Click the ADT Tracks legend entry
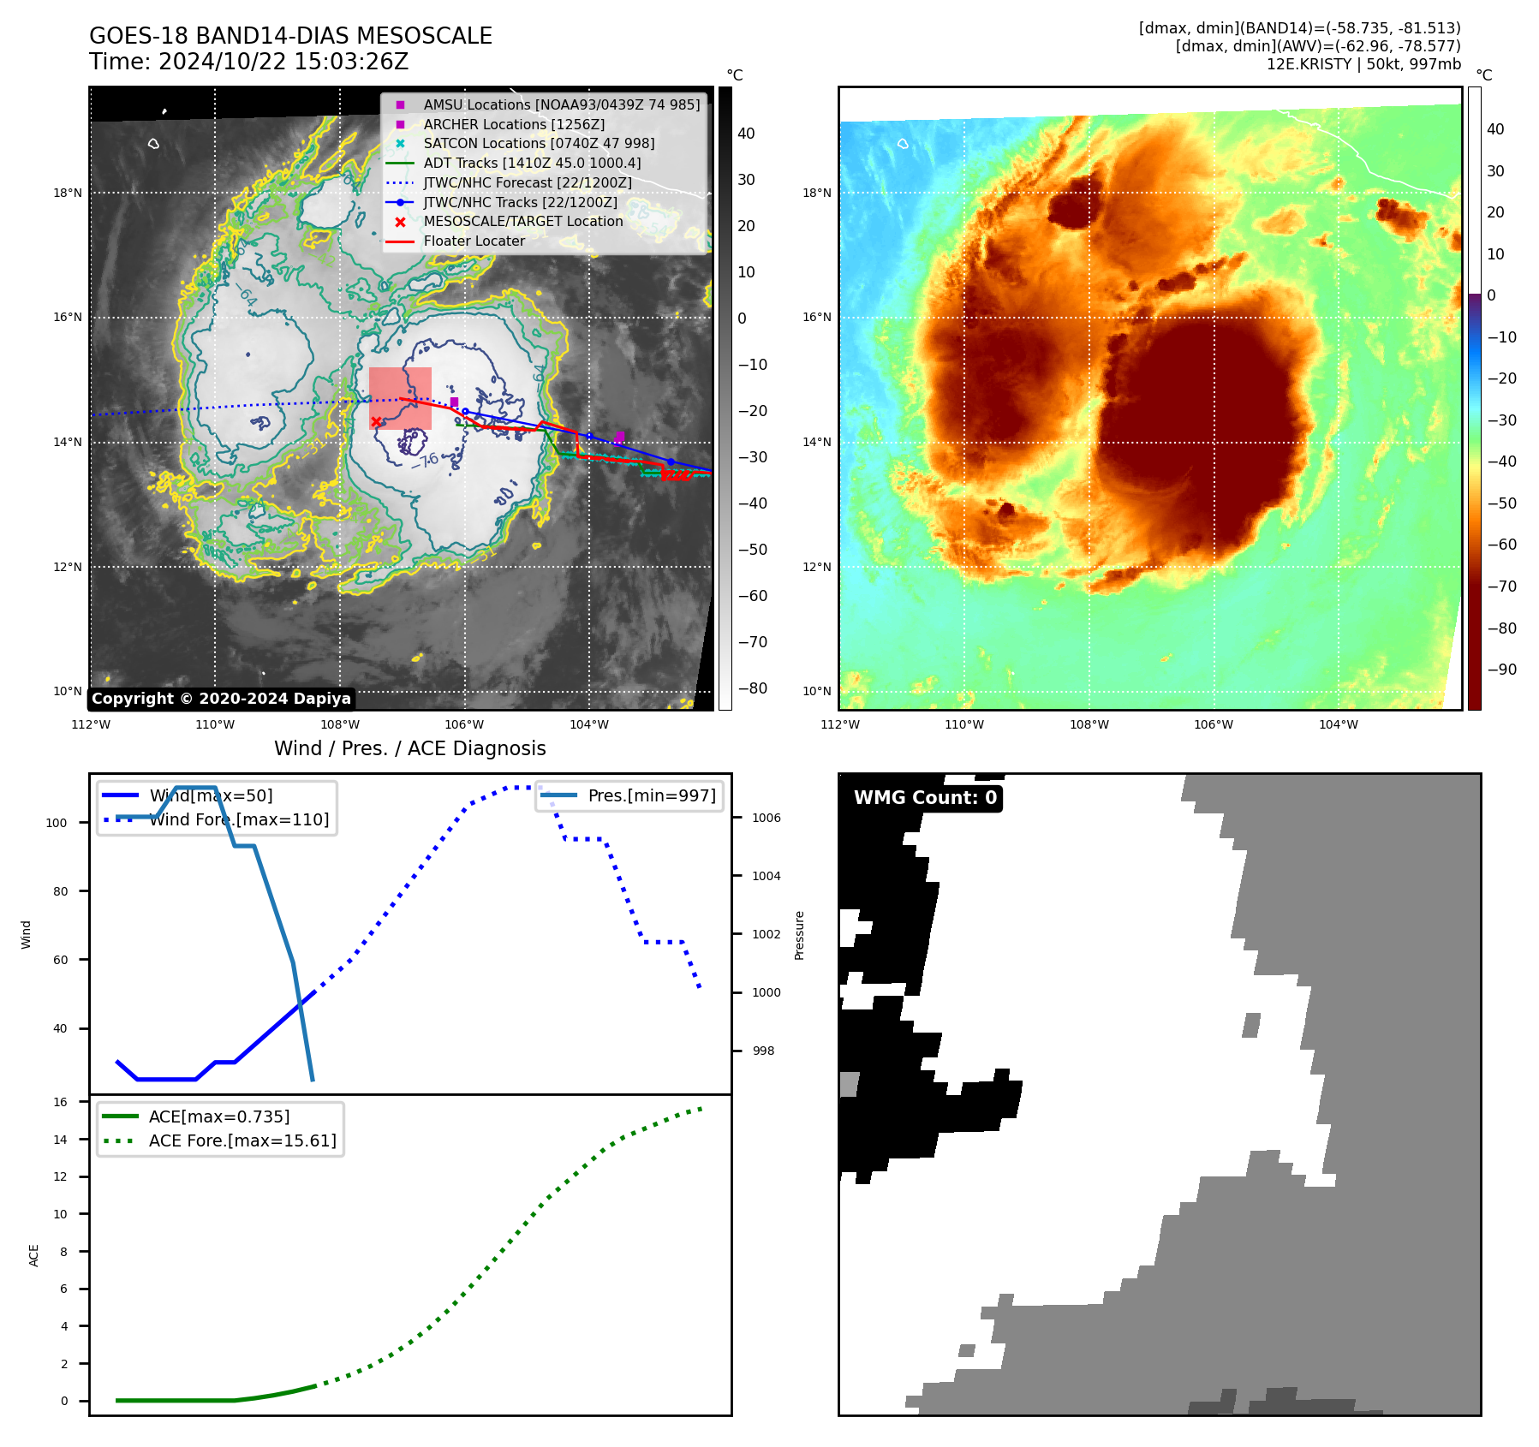coord(531,163)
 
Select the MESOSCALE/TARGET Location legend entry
coord(522,221)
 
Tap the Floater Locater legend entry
coord(474,241)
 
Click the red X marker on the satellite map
coord(376,421)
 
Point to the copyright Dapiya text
coord(221,699)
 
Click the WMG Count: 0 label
coord(925,797)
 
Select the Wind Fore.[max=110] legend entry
coord(238,819)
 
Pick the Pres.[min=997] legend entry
coord(651,795)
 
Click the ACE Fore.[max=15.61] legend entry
coord(242,1140)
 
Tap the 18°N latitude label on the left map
coord(68,193)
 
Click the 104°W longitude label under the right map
coord(1338,724)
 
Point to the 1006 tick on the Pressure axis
coord(766,818)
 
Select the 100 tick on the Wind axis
coord(56,823)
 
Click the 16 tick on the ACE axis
coord(60,1102)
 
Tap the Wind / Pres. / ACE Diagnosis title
coord(409,748)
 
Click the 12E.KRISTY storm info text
coord(1363,64)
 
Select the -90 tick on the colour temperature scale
coord(1501,670)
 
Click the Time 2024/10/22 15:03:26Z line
coord(248,62)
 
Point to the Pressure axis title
coord(799,935)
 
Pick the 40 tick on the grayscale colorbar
coord(746,134)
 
